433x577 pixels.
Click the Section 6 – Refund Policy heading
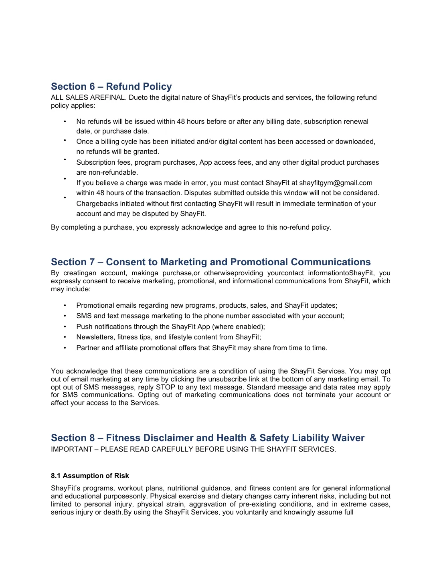(111, 87)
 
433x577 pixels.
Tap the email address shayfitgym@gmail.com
(336, 183)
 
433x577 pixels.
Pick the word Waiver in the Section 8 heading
(348, 438)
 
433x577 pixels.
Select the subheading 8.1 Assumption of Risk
(90, 476)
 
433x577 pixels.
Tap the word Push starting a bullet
(84, 327)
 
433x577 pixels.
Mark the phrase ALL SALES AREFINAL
(88, 97)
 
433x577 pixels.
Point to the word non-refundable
(107, 172)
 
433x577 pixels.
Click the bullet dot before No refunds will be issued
(65, 121)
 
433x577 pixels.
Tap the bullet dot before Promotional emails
(65, 305)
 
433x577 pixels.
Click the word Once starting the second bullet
(85, 141)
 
